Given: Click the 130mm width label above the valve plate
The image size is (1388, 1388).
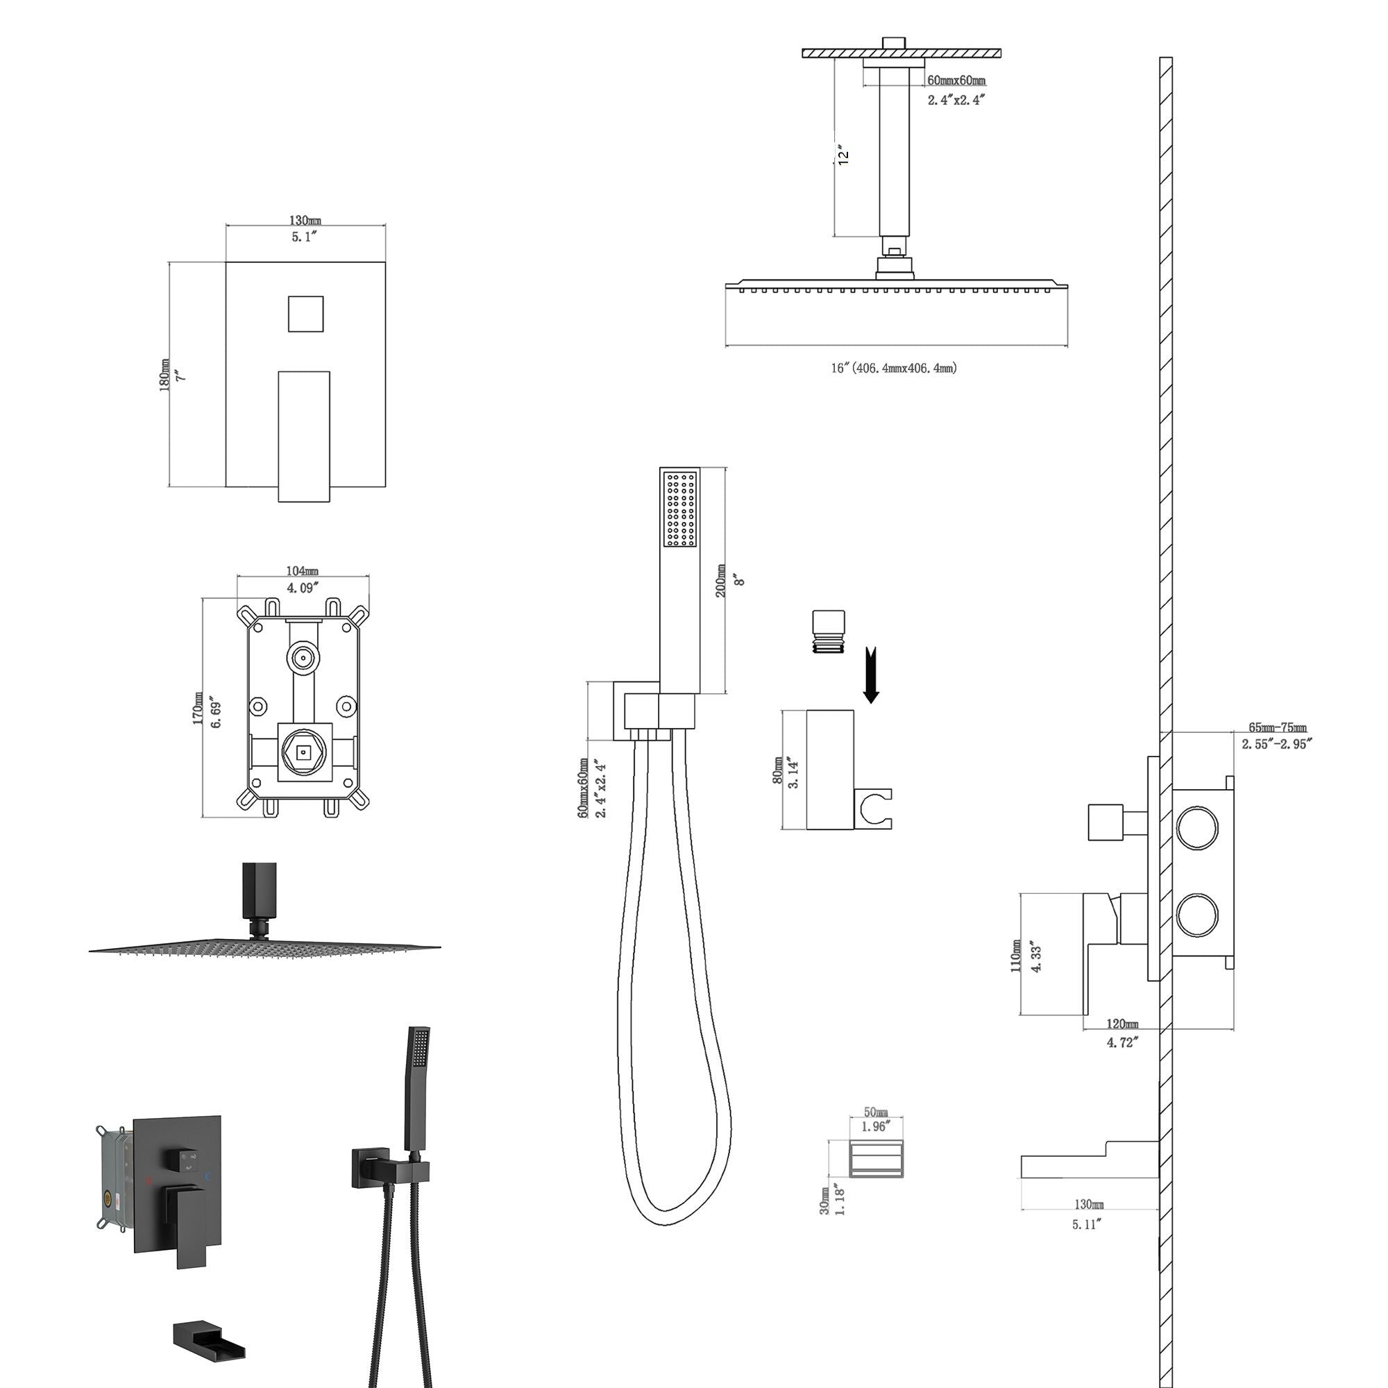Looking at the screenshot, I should pos(305,220).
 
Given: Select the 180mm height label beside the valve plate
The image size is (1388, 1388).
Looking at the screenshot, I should pos(164,375).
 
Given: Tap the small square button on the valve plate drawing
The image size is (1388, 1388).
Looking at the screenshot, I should pos(305,314).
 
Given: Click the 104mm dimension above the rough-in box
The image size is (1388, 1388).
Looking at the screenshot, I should pos(303,571).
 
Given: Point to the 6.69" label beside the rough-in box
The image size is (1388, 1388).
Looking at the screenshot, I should pos(217,711).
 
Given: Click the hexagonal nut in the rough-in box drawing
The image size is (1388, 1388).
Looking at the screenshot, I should pos(303,752).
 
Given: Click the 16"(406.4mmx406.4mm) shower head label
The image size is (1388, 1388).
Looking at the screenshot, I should pos(894,368).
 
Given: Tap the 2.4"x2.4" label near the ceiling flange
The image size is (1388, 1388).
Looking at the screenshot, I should pos(956,100).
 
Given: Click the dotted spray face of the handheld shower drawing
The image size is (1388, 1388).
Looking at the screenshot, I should pos(679,509).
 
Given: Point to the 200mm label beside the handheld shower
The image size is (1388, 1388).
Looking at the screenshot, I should pos(720,580).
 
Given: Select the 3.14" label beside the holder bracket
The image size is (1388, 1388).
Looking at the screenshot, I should pos(794,772).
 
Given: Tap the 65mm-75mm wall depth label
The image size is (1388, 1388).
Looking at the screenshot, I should pos(1278,728).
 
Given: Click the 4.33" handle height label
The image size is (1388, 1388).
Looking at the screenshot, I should pos(1036,956).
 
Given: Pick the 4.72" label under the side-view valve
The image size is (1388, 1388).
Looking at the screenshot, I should pos(1122,1042).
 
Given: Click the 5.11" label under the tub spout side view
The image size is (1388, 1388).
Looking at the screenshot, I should pos(1086,1224).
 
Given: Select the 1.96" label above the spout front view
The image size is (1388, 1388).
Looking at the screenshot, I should pos(876,1126).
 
